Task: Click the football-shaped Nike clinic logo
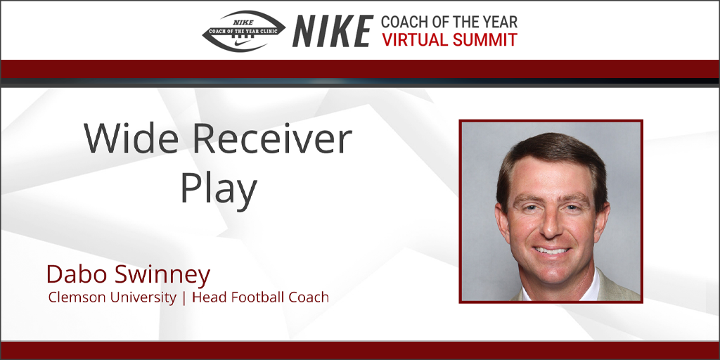pyautogui.click(x=244, y=31)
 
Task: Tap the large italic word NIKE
pyautogui.click(x=333, y=31)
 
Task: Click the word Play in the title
pyautogui.click(x=218, y=190)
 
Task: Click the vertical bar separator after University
pyautogui.click(x=184, y=298)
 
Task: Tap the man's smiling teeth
pyautogui.click(x=551, y=251)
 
